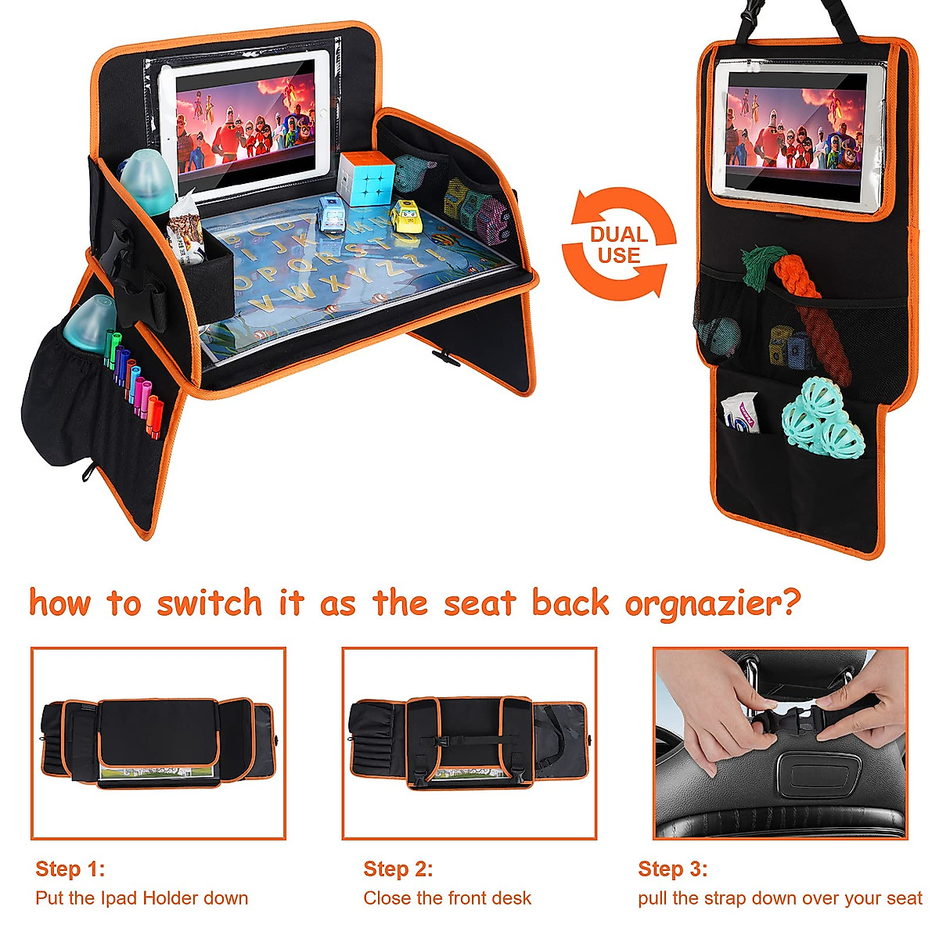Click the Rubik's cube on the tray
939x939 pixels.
click(366, 178)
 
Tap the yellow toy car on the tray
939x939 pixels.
click(405, 216)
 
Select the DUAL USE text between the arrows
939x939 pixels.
click(618, 245)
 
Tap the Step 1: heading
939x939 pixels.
click(70, 869)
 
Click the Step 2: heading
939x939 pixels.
click(398, 869)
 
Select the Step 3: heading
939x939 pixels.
click(672, 869)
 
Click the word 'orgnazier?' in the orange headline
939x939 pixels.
click(713, 603)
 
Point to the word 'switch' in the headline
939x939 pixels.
click(209, 603)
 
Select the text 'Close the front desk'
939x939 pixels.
click(447, 898)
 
